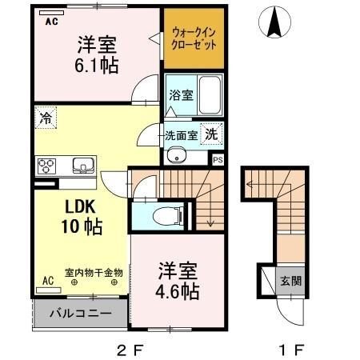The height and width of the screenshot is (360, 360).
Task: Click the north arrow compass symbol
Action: click(x=274, y=22)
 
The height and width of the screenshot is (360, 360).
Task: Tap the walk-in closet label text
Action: click(x=194, y=39)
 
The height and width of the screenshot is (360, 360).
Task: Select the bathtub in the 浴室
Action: click(x=210, y=95)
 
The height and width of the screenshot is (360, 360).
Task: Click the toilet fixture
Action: click(x=168, y=216)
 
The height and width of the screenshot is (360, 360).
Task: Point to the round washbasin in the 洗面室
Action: click(x=177, y=155)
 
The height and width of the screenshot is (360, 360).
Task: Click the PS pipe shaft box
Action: click(x=218, y=160)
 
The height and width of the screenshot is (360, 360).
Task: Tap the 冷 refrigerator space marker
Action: click(x=46, y=118)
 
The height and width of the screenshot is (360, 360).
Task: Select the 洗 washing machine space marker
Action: click(x=211, y=134)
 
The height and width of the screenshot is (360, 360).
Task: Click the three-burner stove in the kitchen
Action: click(x=46, y=166)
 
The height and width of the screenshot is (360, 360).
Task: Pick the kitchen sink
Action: click(x=83, y=166)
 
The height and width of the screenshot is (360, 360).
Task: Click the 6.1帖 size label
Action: click(x=97, y=66)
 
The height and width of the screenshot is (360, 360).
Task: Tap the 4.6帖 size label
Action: click(x=178, y=291)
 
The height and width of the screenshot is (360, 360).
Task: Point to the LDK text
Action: click(x=80, y=206)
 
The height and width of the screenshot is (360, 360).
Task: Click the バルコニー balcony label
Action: click(x=81, y=313)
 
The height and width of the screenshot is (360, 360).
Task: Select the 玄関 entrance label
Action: click(x=290, y=281)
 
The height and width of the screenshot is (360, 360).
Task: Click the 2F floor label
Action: click(x=130, y=350)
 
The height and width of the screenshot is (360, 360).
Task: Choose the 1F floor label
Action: click(x=291, y=350)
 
